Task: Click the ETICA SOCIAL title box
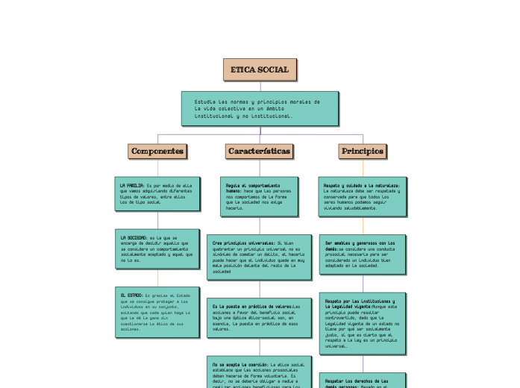click(260, 69)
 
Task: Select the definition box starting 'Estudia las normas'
click(260, 108)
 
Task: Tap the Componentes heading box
click(157, 151)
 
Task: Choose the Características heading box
click(260, 151)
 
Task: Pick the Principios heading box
click(363, 151)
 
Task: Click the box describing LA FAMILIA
click(157, 193)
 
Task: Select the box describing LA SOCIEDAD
click(157, 248)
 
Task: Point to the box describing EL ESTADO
click(157, 311)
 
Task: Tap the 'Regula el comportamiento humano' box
click(260, 196)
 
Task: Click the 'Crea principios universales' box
click(260, 257)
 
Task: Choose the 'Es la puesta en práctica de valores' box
click(260, 318)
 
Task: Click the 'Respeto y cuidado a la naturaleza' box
click(363, 196)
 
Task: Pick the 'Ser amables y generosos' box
click(363, 254)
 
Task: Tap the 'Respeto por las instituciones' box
click(363, 323)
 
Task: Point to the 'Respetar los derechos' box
click(363, 381)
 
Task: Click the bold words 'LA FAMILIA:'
click(131, 184)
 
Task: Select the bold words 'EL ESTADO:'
click(131, 295)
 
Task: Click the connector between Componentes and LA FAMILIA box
click(157, 167)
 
